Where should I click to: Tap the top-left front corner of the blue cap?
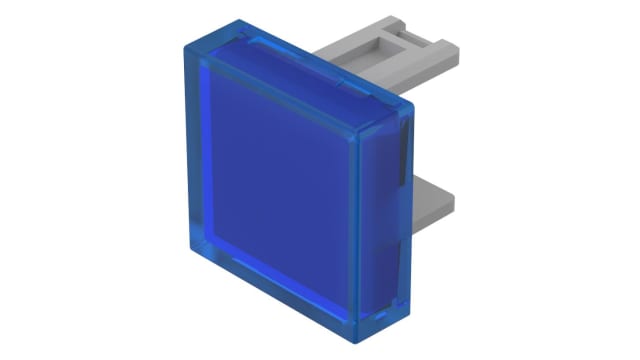pos(186,46)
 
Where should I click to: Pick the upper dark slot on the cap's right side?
pos(404,150)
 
